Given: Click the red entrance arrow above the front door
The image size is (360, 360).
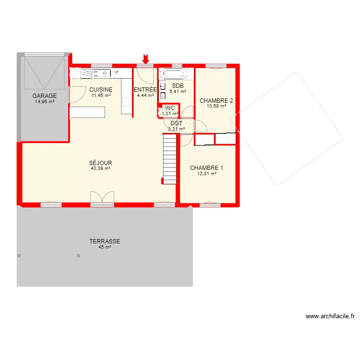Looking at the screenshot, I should coord(146,59).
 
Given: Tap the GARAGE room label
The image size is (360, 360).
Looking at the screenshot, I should coord(45,96).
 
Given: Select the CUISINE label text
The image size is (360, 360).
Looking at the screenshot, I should coord(101,89).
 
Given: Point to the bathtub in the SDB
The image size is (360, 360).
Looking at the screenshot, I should coord(173,74).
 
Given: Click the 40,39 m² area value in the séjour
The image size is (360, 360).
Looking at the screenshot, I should coord(101,168).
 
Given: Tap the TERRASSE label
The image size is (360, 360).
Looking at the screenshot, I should coord(105,241).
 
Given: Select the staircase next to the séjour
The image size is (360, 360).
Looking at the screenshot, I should coord(170,158).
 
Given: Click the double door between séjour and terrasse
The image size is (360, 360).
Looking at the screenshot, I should coord(102,197).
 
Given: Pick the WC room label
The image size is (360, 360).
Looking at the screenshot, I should coord(170,108).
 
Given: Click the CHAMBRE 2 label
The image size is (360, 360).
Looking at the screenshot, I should coord(216,101).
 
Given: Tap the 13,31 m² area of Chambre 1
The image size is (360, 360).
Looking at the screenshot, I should coord(207,174).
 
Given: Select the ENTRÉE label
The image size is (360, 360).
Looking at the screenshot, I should coord(145,90).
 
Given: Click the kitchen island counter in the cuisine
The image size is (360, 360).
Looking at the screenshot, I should coord(87,112).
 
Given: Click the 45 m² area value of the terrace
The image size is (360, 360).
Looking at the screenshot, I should coord(105,247).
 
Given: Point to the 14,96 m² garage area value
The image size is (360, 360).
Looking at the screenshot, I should coord(45,101).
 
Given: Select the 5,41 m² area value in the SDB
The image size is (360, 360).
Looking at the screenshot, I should coord(178,92).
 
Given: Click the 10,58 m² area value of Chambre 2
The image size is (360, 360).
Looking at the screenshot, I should coord(216,107).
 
